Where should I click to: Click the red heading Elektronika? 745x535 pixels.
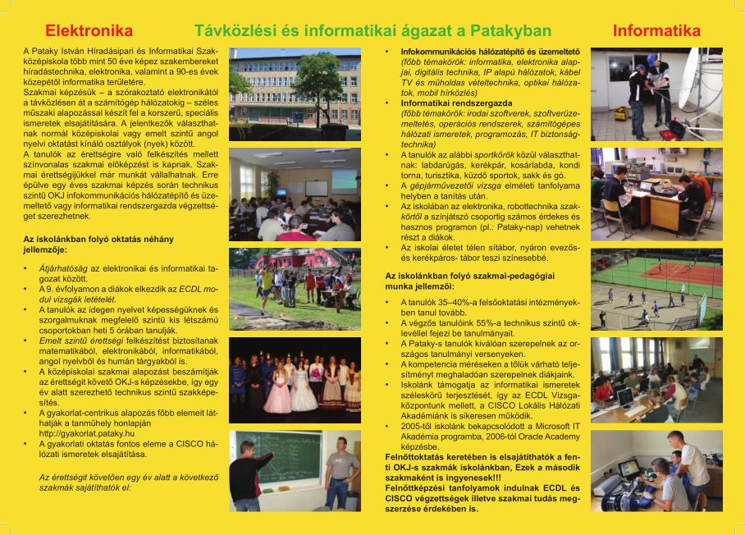pyautogui.click(x=89, y=31)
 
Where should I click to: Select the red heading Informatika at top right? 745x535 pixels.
pyautogui.click(x=656, y=31)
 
